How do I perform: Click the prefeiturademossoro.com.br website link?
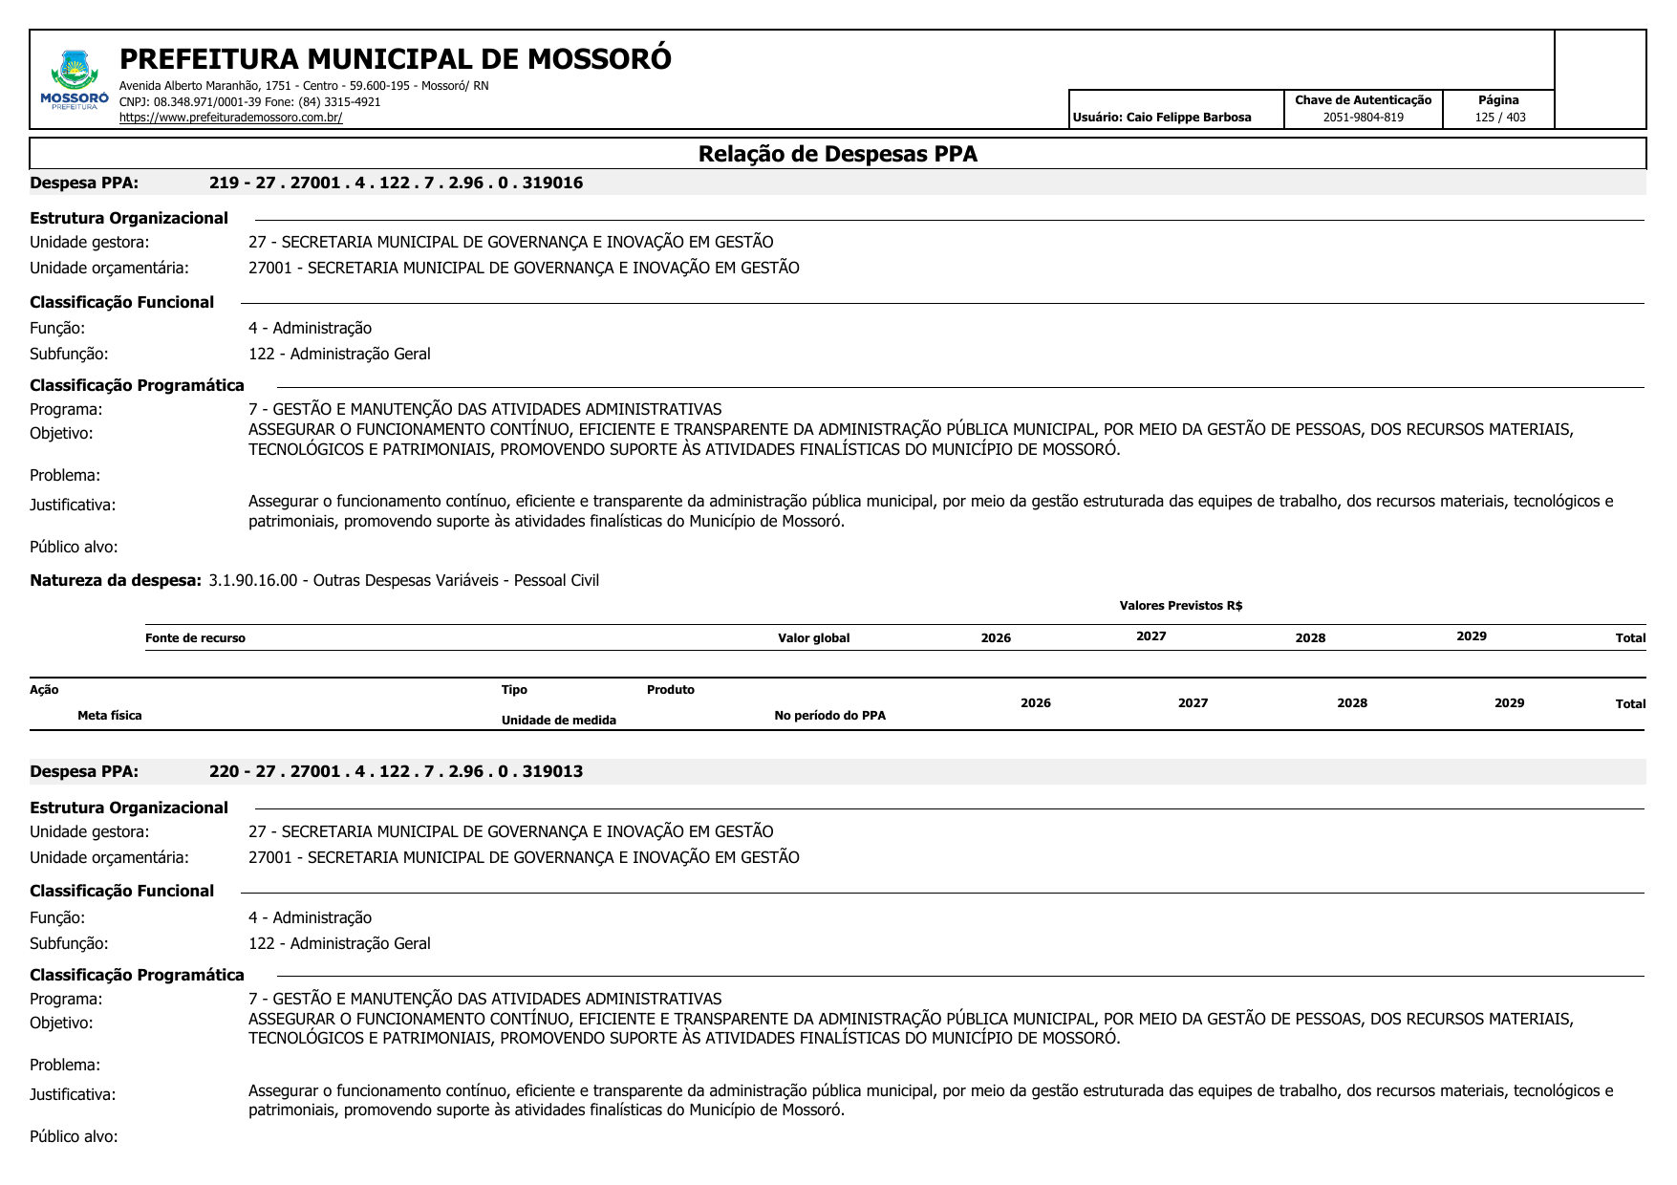(230, 118)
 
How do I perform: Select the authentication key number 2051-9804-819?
(1363, 118)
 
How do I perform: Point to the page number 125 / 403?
(1499, 118)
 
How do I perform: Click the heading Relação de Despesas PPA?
(837, 154)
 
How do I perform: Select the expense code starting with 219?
(396, 183)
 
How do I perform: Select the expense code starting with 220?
(396, 771)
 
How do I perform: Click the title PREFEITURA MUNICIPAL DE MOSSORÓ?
(395, 59)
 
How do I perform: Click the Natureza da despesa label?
(116, 580)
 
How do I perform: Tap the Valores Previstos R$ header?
(1180, 605)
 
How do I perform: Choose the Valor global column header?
(813, 638)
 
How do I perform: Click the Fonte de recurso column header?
(195, 638)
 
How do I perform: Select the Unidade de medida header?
(558, 721)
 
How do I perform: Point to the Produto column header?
(670, 690)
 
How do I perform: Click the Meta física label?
(110, 716)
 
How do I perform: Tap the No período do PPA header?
(829, 716)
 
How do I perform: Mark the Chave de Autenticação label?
(1363, 100)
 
